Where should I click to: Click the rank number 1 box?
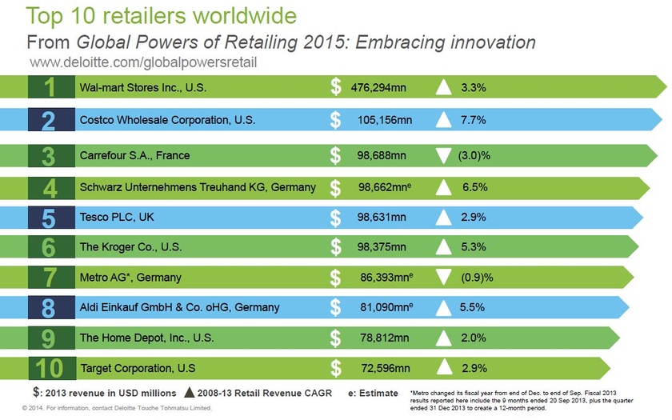[x=52, y=86]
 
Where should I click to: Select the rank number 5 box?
[x=52, y=218]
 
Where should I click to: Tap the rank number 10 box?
[x=52, y=369]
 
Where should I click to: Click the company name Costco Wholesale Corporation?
[x=166, y=120]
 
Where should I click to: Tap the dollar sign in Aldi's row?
[x=336, y=307]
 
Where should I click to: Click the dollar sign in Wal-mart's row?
[x=336, y=86]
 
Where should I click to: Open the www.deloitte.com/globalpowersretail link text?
[x=144, y=62]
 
